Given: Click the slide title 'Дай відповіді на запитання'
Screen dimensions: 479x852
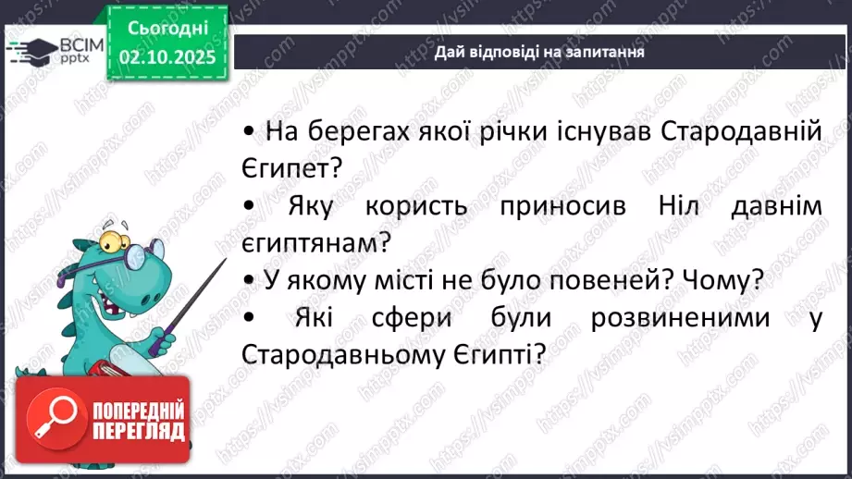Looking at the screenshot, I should tap(539, 52).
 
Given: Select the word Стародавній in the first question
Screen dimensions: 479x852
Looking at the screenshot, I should tap(742, 131).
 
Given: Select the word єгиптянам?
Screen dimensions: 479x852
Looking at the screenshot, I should tap(315, 243).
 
